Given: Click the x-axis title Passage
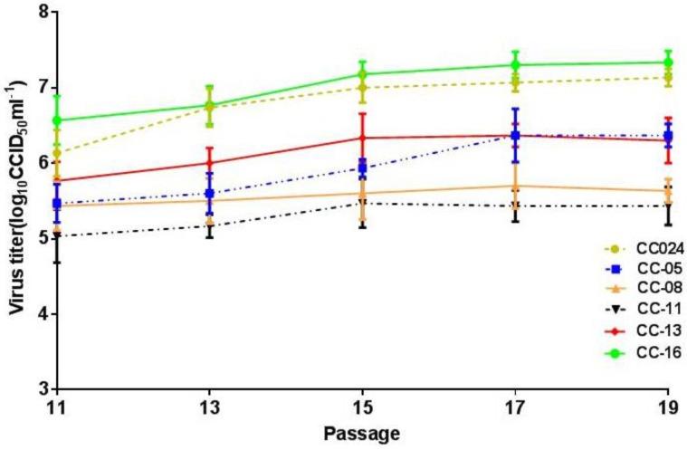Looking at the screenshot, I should click(362, 435).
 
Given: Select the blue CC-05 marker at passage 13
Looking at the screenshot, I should click(210, 193).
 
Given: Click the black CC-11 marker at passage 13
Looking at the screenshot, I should click(210, 226).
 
